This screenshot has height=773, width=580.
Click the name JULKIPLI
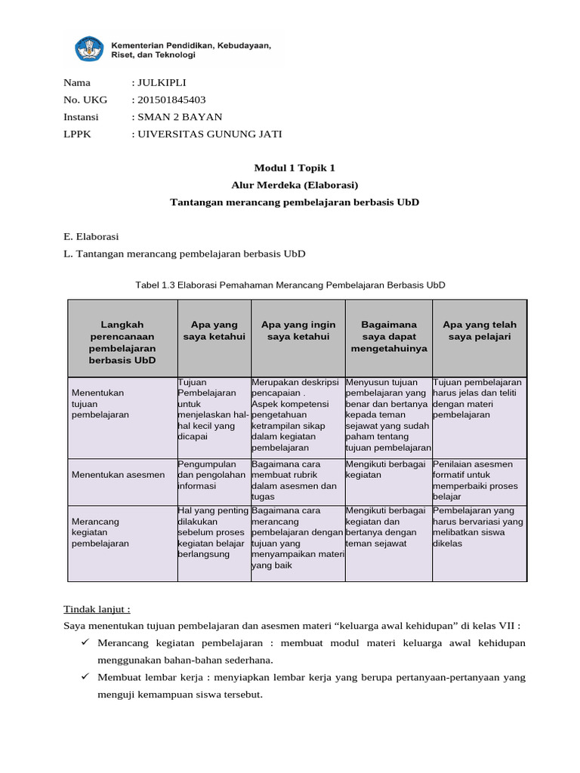pyautogui.click(x=161, y=83)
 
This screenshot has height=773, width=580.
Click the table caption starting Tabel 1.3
pyautogui.click(x=290, y=285)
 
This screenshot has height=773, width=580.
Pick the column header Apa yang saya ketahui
pyautogui.click(x=214, y=331)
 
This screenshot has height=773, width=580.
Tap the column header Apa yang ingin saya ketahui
pyautogui.click(x=298, y=331)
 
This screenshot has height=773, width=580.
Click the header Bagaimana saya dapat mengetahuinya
pyautogui.click(x=389, y=337)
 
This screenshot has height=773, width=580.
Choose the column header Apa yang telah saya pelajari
pyautogui.click(x=480, y=331)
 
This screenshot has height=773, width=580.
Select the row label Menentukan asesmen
pyautogui.click(x=118, y=475)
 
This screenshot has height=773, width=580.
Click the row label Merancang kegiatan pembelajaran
pyautogui.click(x=100, y=532)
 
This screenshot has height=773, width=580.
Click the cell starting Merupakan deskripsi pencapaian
pyautogui.click(x=297, y=415)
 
